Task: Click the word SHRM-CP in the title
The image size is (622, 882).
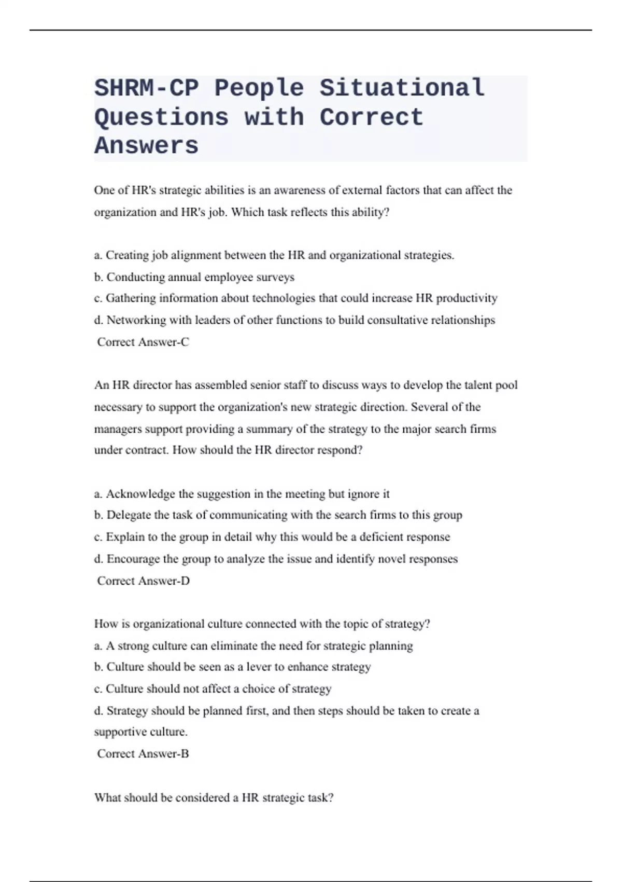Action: (x=147, y=88)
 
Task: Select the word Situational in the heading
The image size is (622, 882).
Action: (x=402, y=88)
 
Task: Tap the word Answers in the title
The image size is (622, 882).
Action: (x=147, y=145)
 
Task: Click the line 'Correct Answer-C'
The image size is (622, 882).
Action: (x=143, y=342)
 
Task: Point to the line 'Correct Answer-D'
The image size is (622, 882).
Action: (x=143, y=581)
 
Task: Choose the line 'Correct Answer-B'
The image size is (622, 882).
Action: (x=143, y=753)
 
